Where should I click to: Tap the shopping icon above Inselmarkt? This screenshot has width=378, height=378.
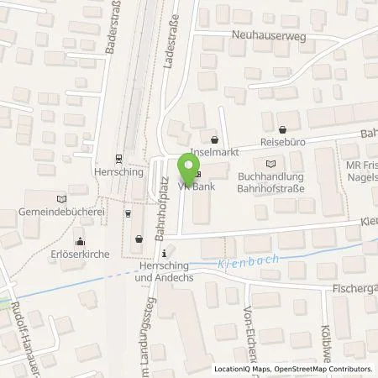coord(216,140)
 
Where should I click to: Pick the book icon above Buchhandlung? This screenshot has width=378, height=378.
coord(269,164)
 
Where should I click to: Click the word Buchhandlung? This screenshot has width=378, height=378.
coord(270,176)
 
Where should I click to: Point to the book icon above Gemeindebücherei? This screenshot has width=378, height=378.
coord(59,199)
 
